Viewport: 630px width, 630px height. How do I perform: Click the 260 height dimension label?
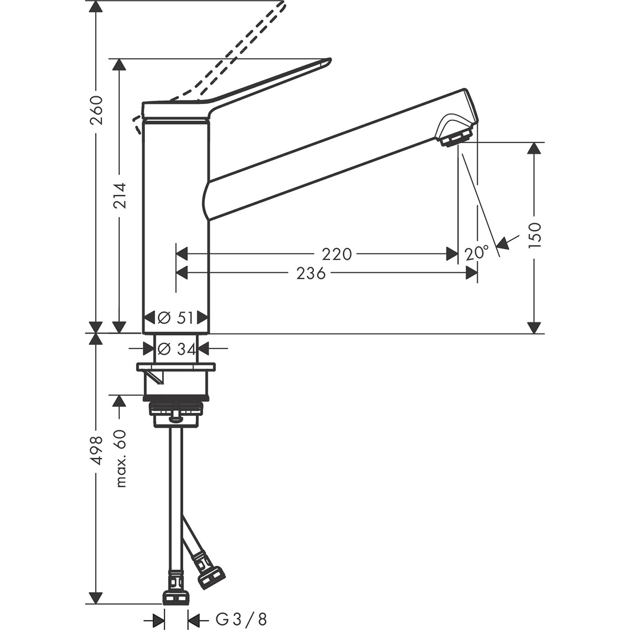(96, 111)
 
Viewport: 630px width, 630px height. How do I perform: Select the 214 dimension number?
(120, 196)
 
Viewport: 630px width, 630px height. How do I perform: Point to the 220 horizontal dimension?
(337, 254)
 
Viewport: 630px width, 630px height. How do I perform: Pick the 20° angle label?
(476, 254)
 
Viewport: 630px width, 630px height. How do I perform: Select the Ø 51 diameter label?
(176, 318)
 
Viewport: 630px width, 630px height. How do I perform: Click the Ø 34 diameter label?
(176, 348)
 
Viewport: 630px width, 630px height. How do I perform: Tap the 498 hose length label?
(96, 450)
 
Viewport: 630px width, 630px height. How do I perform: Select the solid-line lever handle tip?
(325, 62)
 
